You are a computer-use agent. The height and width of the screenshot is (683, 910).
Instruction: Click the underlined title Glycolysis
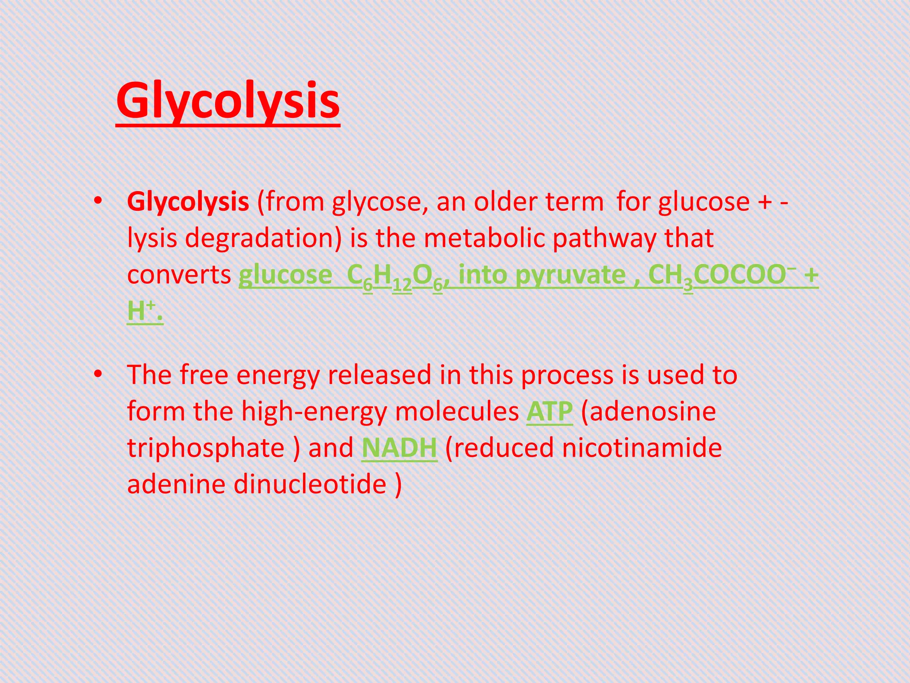[228, 101]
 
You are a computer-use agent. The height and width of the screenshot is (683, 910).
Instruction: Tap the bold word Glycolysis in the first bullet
[188, 202]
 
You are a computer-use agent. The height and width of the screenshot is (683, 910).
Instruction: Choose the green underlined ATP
[550, 411]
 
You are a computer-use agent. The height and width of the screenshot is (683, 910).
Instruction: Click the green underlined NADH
[399, 448]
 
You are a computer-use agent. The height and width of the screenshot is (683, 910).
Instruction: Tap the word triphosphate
[206, 448]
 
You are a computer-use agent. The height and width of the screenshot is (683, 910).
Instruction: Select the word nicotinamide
[642, 448]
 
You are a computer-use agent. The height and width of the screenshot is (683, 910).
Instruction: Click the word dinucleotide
[310, 484]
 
